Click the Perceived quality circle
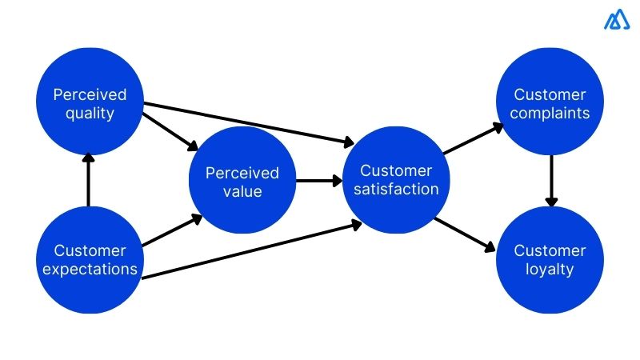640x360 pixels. click(x=90, y=102)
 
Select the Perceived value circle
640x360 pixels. click(x=242, y=182)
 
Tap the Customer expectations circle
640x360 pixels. click(x=90, y=260)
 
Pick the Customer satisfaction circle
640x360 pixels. click(x=395, y=180)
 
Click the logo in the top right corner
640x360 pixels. click(x=617, y=19)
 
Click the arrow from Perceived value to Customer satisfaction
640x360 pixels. click(x=318, y=181)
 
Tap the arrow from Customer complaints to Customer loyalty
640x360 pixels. click(x=550, y=181)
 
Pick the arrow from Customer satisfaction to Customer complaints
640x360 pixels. click(x=473, y=138)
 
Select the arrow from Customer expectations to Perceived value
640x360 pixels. click(x=170, y=230)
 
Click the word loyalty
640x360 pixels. click(x=550, y=270)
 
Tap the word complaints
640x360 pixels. click(x=550, y=114)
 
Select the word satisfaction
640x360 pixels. click(x=396, y=190)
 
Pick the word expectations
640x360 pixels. click(x=90, y=270)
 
